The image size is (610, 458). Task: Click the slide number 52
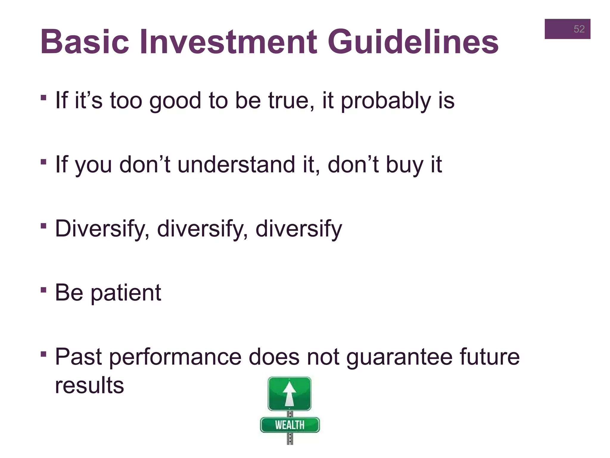point(579,29)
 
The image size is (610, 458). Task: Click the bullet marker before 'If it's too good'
point(43,98)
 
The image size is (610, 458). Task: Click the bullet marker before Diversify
point(43,226)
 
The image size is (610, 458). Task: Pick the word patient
point(126,293)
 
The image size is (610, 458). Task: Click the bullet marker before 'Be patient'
point(43,290)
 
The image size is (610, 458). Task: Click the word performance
point(175,357)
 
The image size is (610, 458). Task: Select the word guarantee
point(399,357)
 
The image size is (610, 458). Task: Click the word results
point(89,385)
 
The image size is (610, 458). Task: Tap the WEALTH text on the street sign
point(290,425)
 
